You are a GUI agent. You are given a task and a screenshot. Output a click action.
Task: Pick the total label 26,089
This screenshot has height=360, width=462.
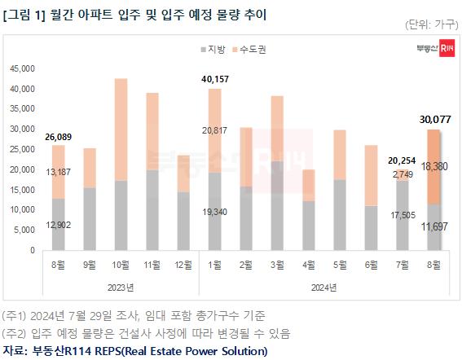click(x=59, y=136)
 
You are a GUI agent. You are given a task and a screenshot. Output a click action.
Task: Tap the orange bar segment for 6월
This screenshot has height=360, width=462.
click(x=372, y=175)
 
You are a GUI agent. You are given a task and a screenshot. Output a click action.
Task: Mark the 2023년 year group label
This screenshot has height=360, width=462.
click(x=121, y=286)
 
